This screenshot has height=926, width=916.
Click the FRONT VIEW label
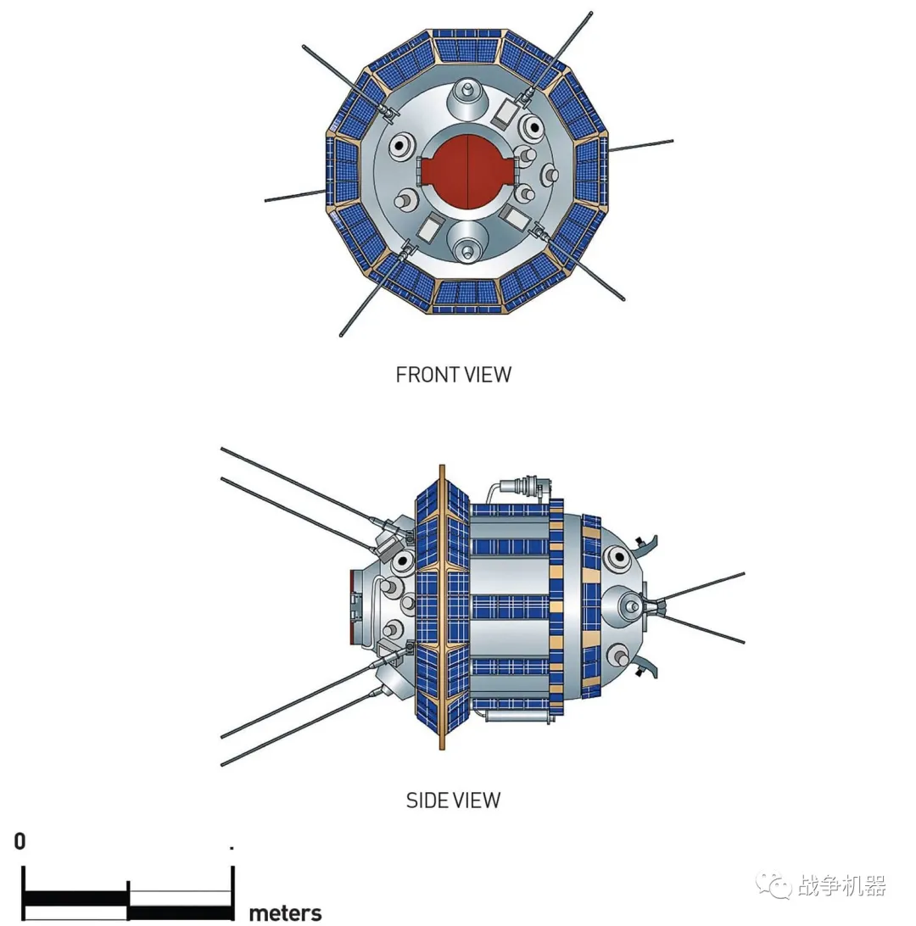click(454, 374)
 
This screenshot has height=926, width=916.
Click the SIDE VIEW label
click(453, 800)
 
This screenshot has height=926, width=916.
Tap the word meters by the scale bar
click(285, 913)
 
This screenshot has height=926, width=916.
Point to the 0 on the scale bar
click(20, 841)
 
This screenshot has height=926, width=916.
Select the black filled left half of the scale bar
click(75, 897)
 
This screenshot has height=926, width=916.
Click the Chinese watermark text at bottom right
click(842, 886)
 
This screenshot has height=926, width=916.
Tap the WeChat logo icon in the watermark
click(773, 886)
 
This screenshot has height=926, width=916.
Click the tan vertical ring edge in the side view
click(441, 606)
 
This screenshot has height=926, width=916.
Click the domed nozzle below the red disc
click(465, 240)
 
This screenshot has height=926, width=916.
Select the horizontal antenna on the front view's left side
click(295, 196)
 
